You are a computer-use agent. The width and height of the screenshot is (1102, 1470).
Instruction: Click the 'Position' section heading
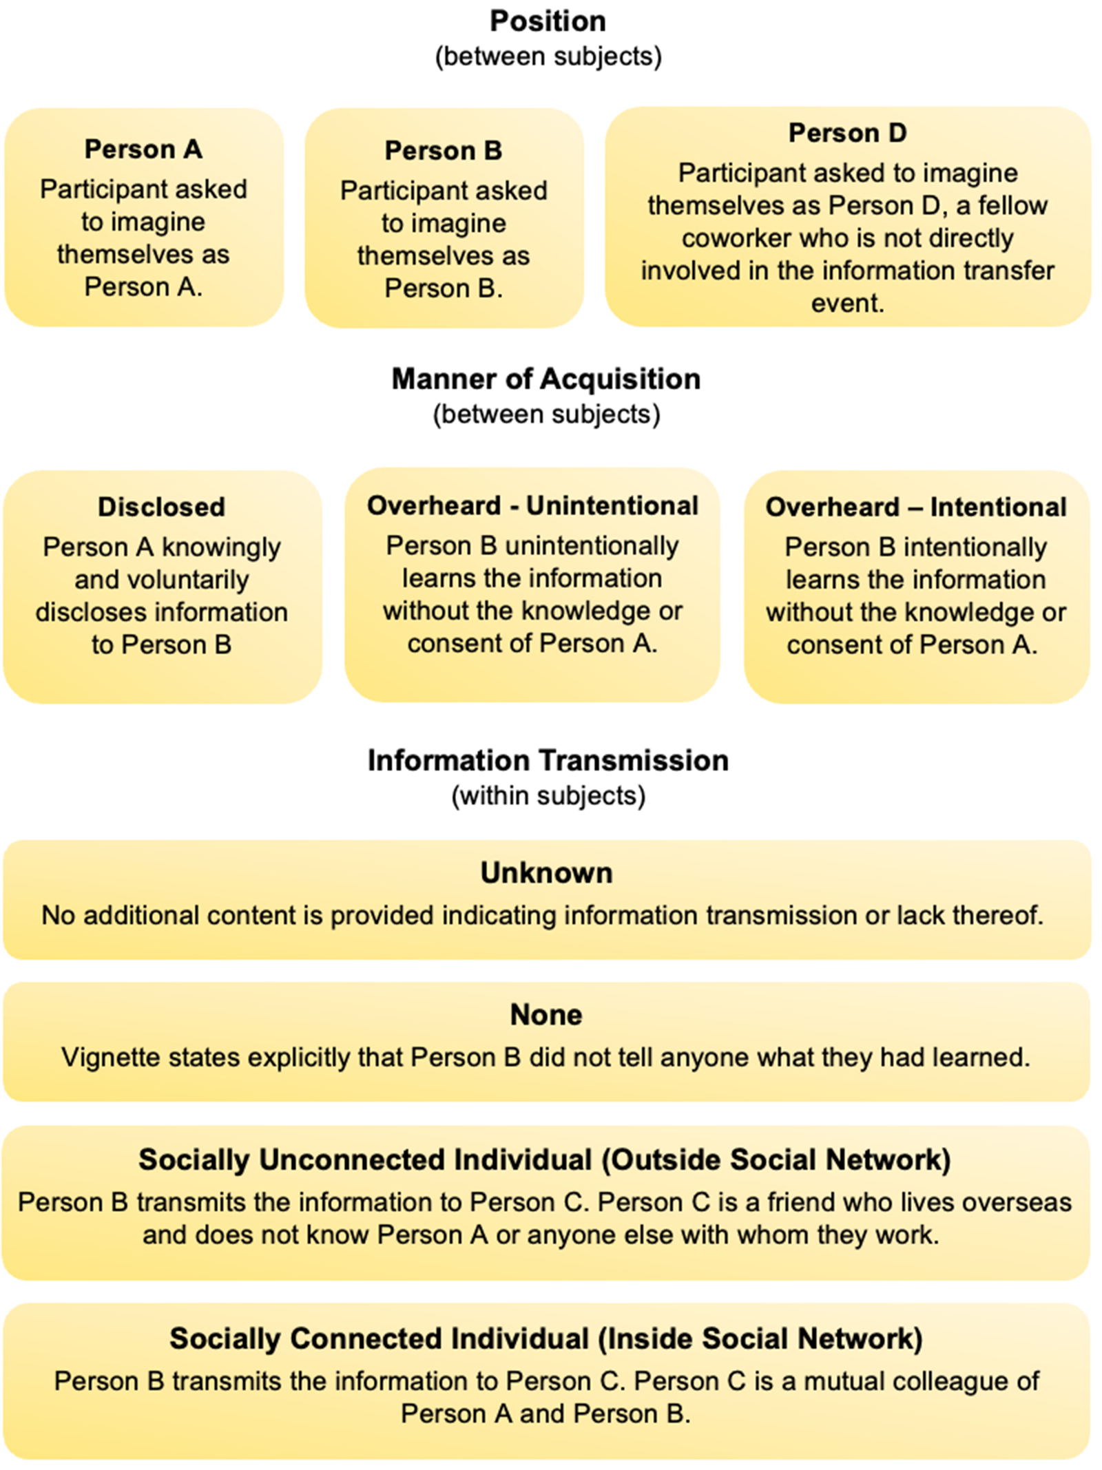pos(548,21)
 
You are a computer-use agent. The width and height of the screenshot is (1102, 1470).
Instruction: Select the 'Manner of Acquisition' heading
pos(546,379)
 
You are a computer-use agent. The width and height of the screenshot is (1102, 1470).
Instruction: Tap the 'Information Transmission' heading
pos(548,760)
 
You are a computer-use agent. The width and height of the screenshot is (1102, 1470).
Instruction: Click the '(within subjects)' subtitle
pos(548,796)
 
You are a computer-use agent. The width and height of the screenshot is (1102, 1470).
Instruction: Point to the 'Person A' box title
pos(143,149)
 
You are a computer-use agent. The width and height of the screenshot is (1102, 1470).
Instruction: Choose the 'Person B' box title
pos(444,150)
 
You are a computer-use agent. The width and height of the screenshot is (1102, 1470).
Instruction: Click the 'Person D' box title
pos(847,132)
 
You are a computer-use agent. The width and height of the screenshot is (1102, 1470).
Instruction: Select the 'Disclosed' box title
pos(161,507)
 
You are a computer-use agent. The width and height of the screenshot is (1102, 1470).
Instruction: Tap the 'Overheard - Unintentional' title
pos(532,505)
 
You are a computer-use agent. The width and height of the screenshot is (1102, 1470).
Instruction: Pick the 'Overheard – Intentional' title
pos(916,507)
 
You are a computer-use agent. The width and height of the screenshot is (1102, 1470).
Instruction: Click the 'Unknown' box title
pos(546,872)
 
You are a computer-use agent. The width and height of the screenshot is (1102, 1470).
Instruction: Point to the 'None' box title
pos(546,1014)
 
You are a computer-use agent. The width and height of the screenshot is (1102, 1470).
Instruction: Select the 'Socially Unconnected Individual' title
pos(544,1159)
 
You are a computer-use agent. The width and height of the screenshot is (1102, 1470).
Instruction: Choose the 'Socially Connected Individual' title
pos(545,1338)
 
